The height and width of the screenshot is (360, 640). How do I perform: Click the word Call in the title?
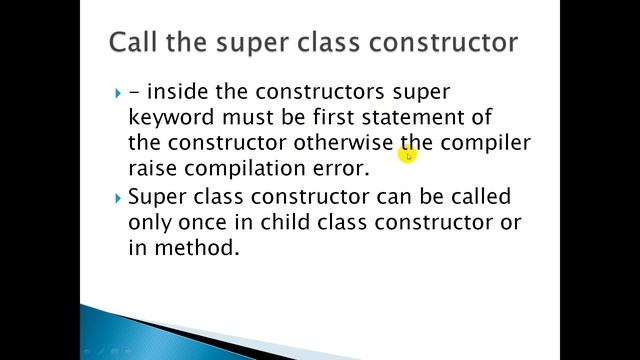(x=135, y=43)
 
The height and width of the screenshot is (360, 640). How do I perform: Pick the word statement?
(x=433, y=117)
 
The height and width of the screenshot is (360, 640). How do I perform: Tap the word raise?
(x=155, y=167)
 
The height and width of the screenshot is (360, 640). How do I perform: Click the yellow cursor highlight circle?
(x=408, y=154)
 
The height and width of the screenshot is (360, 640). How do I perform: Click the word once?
(x=214, y=221)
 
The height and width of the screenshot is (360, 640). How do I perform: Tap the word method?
(x=197, y=246)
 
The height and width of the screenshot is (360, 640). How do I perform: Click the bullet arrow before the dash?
(x=118, y=93)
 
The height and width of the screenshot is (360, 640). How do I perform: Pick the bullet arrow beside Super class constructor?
(x=118, y=197)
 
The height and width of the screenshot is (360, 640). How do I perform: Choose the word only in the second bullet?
(x=152, y=221)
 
